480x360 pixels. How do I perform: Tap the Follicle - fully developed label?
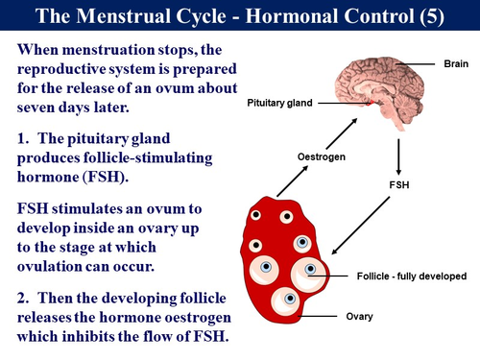(x=408, y=276)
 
